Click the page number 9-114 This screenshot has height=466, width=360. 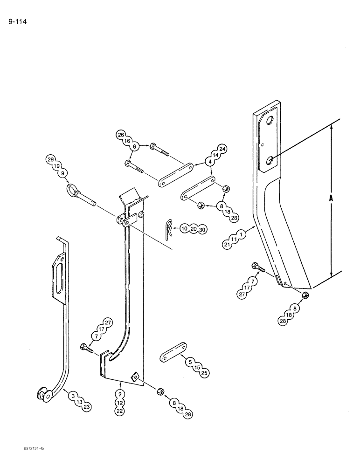click(17, 21)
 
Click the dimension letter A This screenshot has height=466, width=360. click(330, 198)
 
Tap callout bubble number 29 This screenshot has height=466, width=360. click(50, 160)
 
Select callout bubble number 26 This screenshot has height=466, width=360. click(120, 135)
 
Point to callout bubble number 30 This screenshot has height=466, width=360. click(201, 229)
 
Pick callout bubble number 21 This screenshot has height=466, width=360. click(227, 245)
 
